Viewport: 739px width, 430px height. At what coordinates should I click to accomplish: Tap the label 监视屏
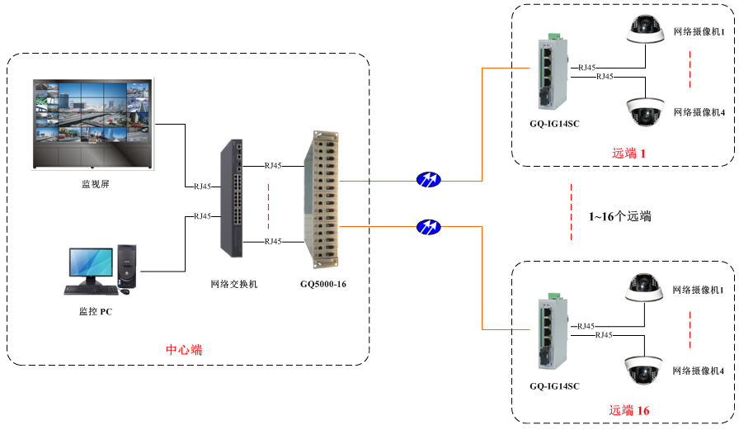[95, 184]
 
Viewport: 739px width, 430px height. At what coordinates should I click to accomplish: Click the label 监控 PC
[95, 312]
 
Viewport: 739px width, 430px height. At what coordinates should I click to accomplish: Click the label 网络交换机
[234, 284]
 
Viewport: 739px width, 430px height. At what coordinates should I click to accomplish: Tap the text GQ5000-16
[323, 284]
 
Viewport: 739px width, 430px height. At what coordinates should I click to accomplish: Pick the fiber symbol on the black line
[428, 179]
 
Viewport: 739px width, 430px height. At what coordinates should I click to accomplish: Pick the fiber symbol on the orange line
[428, 226]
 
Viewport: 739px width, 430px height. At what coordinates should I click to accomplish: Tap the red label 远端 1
[628, 153]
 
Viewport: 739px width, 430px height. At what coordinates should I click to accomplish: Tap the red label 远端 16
[629, 410]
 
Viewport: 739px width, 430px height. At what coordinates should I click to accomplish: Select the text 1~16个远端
[619, 216]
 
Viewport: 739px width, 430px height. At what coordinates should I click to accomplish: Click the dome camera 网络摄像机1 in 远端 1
[644, 30]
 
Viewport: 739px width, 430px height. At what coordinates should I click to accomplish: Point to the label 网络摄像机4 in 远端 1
[699, 112]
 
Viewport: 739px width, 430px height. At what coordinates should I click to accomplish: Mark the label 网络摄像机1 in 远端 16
[699, 290]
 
